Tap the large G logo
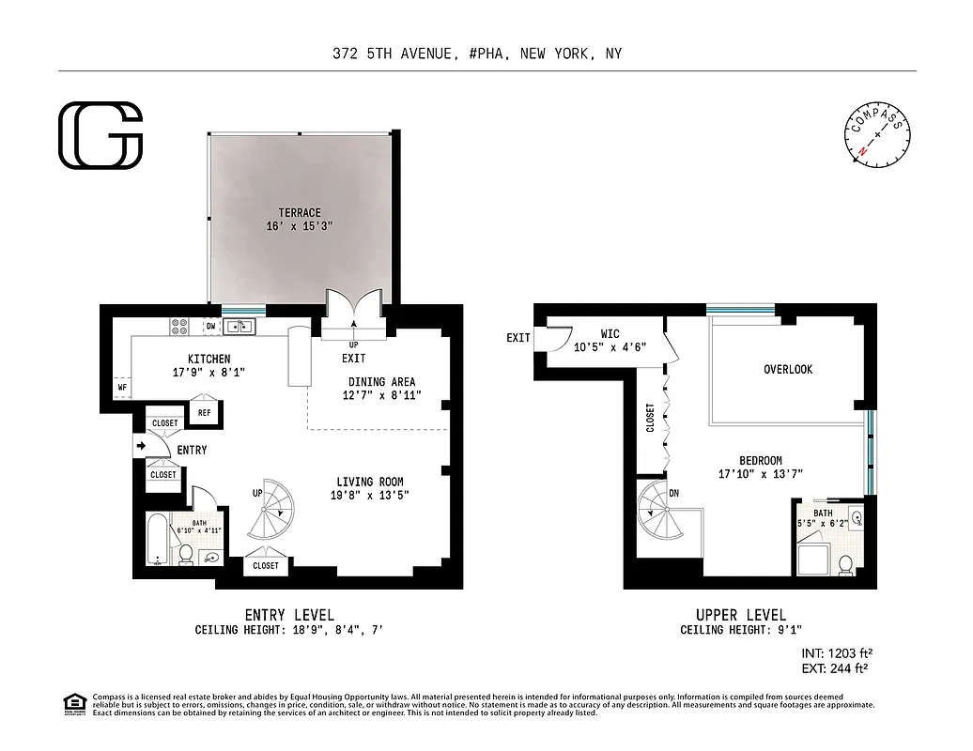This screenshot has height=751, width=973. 100,136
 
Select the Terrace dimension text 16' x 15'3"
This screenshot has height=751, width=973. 299,226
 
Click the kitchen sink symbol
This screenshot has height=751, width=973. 240,327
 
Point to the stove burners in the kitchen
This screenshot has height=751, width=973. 178,327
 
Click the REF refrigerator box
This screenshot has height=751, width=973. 204,411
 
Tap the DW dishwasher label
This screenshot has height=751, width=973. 210,327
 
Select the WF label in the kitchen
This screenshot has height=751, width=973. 122,386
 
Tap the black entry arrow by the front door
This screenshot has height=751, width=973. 140,447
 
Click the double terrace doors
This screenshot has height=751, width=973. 353,310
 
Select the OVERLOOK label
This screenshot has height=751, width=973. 787,369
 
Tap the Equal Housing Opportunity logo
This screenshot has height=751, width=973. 73,702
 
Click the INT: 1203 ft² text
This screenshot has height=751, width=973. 829,652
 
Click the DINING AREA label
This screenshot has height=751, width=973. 381,382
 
